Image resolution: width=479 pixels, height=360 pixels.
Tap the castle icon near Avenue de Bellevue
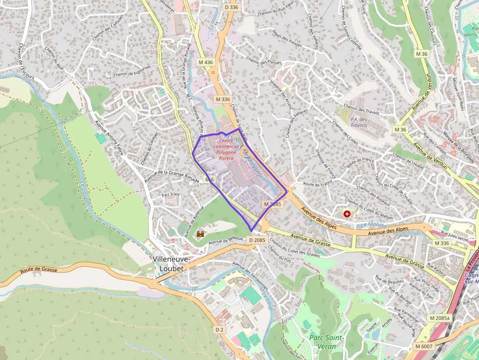(200, 235)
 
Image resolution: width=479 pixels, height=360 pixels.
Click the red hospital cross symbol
(347, 214)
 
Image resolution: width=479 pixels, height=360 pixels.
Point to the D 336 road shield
(231, 7)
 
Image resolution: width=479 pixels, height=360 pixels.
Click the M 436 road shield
(206, 63)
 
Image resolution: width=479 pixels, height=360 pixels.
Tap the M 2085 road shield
(272, 204)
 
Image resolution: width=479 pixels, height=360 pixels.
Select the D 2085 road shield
(257, 240)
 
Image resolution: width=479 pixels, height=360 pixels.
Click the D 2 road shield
(219, 330)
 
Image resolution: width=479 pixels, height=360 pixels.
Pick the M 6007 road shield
(423, 346)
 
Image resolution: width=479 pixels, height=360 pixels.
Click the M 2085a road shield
(439, 318)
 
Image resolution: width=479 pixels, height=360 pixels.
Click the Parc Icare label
(171, 195)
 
